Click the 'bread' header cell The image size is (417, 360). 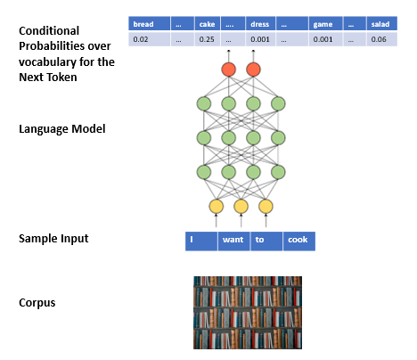tap(149, 24)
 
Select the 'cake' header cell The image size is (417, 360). tap(208, 24)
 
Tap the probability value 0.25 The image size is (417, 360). tap(207, 39)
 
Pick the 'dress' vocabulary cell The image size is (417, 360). tap(260, 24)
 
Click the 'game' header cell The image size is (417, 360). tap(326, 24)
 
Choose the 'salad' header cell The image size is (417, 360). tap(382, 24)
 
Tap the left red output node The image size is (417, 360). tap(229, 70)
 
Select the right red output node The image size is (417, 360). tap(253, 70)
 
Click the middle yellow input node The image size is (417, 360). tap(241, 207)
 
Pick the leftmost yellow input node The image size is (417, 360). tap(217, 207)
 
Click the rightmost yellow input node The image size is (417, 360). tap(266, 207)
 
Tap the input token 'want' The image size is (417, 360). tap(233, 241)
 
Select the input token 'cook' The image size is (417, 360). tap(299, 241)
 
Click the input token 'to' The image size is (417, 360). tap(266, 241)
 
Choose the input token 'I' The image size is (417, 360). tap(201, 241)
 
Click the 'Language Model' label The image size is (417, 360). tap(62, 129)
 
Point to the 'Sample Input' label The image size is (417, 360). tap(53, 239)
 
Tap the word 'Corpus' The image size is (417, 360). tap(37, 303)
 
